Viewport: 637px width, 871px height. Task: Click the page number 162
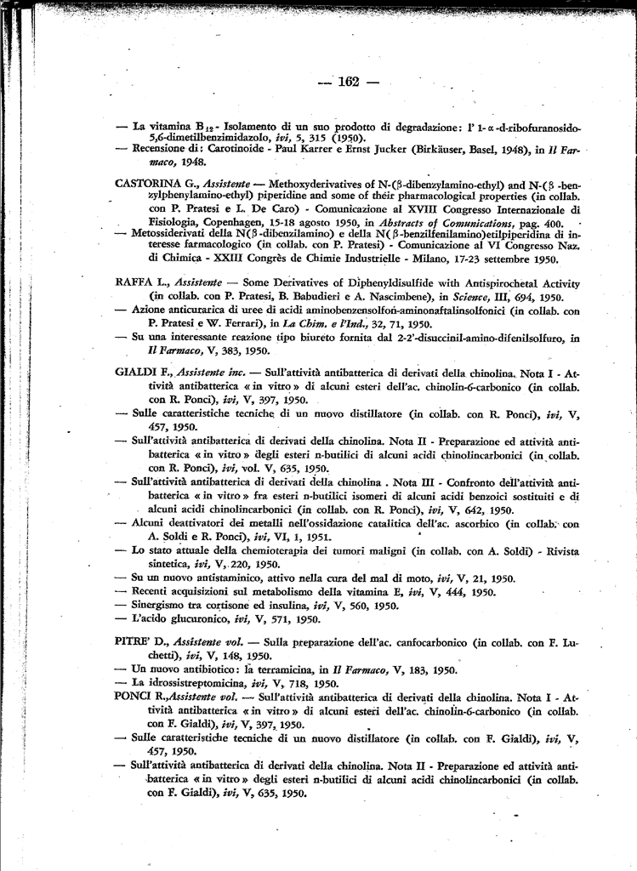click(349, 83)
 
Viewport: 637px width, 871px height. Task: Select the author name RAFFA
click(133, 282)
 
